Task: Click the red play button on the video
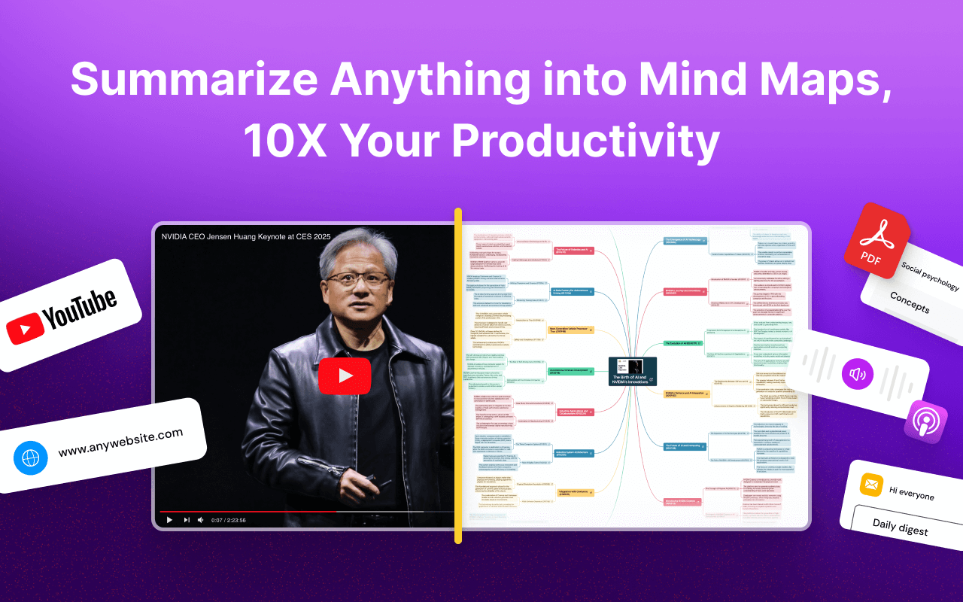click(x=345, y=375)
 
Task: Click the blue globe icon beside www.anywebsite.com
click(x=30, y=458)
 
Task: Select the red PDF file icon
click(x=876, y=240)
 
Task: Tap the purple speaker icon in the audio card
click(x=857, y=373)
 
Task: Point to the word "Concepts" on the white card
click(x=910, y=302)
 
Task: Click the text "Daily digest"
click(x=901, y=525)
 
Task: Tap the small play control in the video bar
click(x=169, y=519)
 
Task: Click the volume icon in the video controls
click(x=200, y=519)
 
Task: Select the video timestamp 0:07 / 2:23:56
click(x=229, y=520)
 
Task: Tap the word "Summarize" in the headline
click(x=193, y=79)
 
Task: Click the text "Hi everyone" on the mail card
click(x=911, y=493)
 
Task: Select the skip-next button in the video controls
click(x=186, y=519)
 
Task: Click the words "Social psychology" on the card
click(x=930, y=277)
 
